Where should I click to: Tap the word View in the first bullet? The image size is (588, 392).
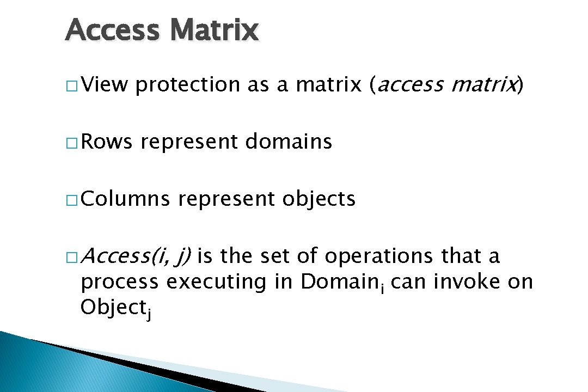coord(105,84)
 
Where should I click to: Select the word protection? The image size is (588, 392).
coord(188,85)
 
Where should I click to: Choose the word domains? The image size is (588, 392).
coord(289,142)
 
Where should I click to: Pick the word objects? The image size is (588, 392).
coord(319,200)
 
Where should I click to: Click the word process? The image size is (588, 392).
coord(120,282)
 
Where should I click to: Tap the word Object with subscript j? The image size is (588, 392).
coord(115,309)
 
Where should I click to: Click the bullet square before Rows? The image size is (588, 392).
coord(71,143)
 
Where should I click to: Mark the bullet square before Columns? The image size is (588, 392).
coord(71,200)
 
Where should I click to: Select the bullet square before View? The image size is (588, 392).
coord(71,86)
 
